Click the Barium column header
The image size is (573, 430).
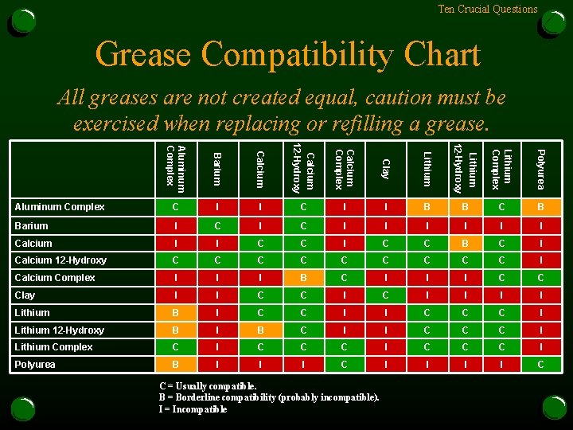[218, 169]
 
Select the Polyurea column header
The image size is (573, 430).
[540, 169]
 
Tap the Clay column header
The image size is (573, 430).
[385, 169]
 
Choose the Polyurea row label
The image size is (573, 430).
[35, 365]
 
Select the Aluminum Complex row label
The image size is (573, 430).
[60, 207]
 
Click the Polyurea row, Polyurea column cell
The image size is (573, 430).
[540, 365]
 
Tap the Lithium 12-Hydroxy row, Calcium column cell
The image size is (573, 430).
[260, 330]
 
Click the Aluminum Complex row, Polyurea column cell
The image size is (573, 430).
[540, 207]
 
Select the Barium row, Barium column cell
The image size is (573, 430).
[218, 225]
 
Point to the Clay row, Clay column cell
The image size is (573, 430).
[385, 295]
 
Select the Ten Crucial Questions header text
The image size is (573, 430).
[488, 10]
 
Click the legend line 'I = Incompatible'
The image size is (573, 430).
[193, 409]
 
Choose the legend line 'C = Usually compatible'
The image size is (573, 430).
[209, 386]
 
